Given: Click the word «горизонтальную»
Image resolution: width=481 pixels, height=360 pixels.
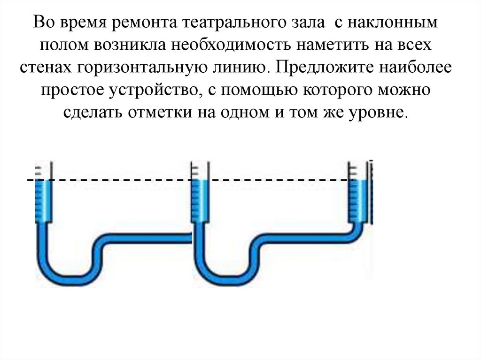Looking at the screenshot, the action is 146,68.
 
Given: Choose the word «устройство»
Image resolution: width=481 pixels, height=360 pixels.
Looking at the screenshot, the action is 152,90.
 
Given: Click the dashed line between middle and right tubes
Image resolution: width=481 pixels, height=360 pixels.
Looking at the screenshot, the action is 277,180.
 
